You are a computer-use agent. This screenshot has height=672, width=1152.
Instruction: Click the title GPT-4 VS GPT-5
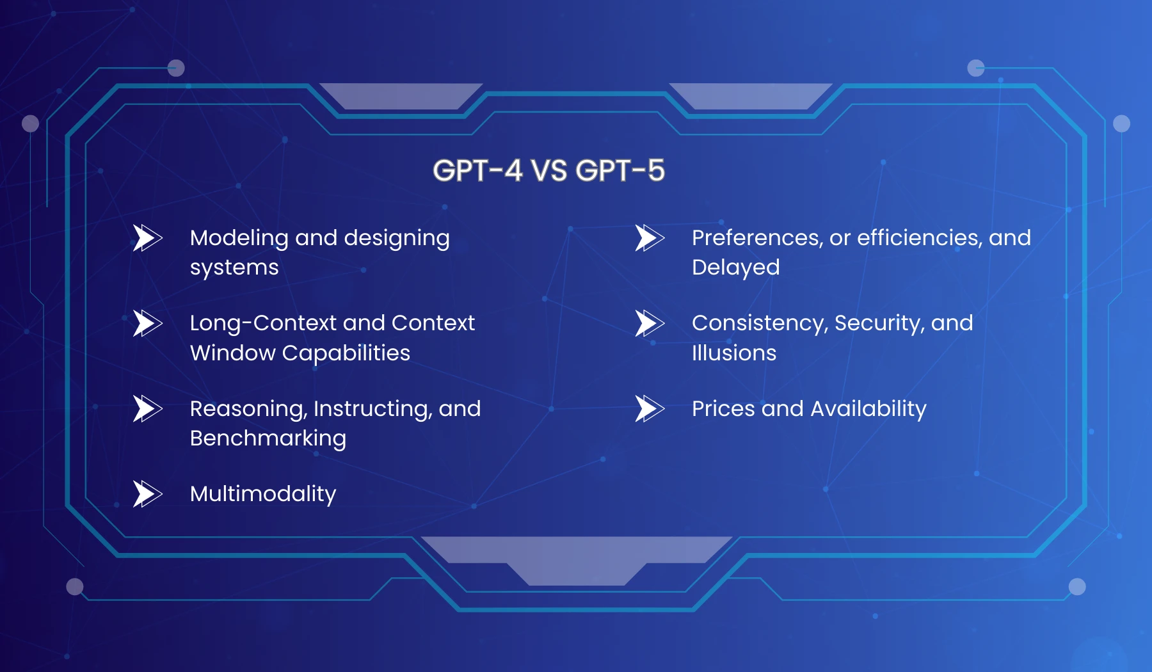point(548,171)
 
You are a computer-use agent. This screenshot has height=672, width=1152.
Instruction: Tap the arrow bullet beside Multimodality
point(147,493)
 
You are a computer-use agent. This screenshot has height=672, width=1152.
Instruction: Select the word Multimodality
point(262,494)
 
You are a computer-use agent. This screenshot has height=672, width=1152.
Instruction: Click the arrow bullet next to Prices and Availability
point(649,408)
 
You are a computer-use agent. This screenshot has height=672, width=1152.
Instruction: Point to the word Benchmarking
point(268,439)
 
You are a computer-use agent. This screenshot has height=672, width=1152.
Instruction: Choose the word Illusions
point(733,353)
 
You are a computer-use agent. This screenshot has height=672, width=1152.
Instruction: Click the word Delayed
point(735,268)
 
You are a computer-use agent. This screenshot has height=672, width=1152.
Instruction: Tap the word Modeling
point(239,238)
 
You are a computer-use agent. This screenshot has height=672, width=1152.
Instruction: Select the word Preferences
point(756,238)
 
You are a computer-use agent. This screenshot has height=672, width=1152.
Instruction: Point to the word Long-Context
point(262,323)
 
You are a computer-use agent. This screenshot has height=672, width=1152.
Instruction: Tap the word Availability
point(868,409)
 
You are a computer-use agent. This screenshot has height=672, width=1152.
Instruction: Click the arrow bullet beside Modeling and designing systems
point(147,237)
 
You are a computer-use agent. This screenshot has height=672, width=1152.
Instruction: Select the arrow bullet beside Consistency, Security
point(649,323)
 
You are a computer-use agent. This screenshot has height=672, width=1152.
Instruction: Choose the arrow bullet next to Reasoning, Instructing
point(147,408)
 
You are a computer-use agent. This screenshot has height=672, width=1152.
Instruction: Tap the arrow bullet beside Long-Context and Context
point(147,323)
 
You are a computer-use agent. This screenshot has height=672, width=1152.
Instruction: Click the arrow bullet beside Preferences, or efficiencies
point(649,237)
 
